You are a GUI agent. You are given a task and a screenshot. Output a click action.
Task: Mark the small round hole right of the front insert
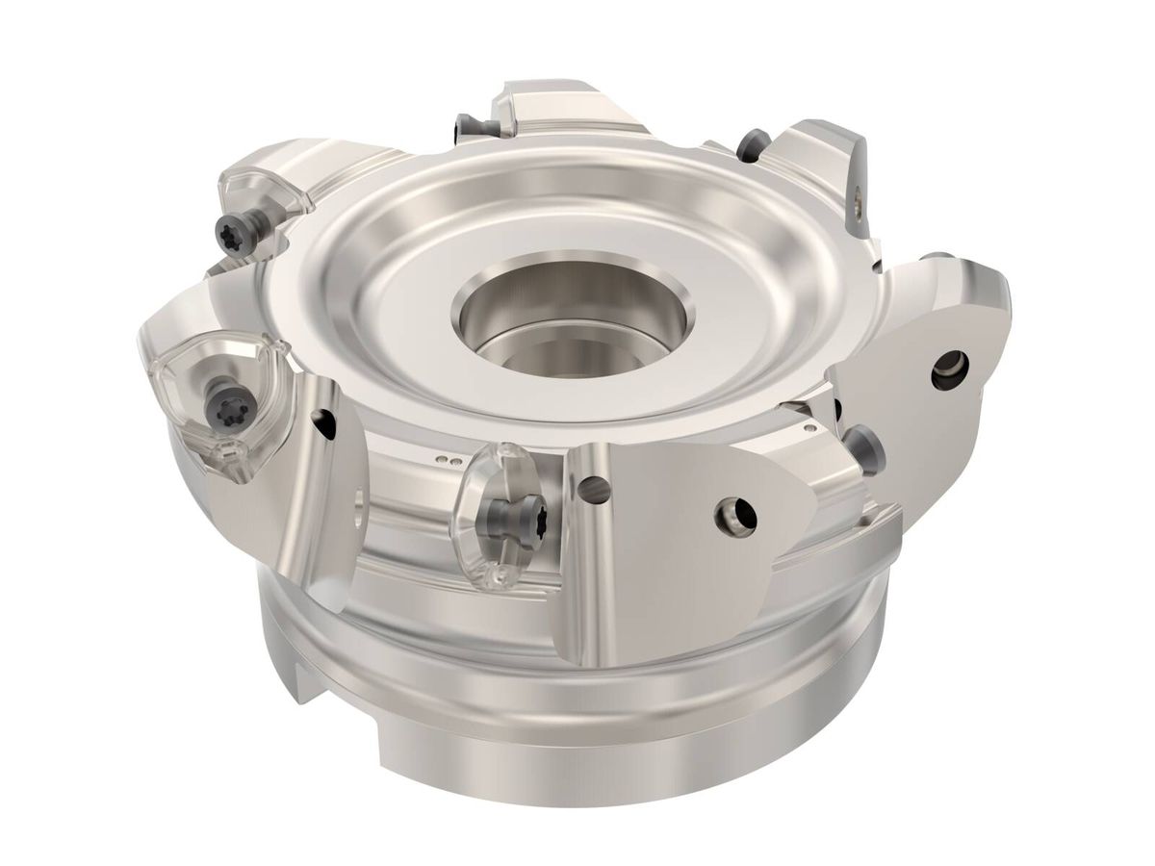point(598,490)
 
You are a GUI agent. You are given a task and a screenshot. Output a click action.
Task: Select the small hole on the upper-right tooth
point(858,201)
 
